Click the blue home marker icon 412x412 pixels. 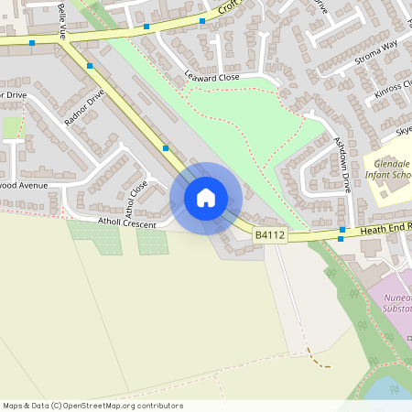pyautogui.click(x=206, y=197)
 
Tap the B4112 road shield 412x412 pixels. pyautogui.click(x=270, y=235)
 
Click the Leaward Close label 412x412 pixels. pyautogui.click(x=211, y=78)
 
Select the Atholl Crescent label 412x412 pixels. pyautogui.click(x=127, y=222)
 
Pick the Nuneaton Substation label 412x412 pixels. pyautogui.click(x=395, y=303)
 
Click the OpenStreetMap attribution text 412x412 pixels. pyautogui.click(x=92, y=406)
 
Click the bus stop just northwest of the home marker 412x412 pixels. pyautogui.click(x=166, y=147)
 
